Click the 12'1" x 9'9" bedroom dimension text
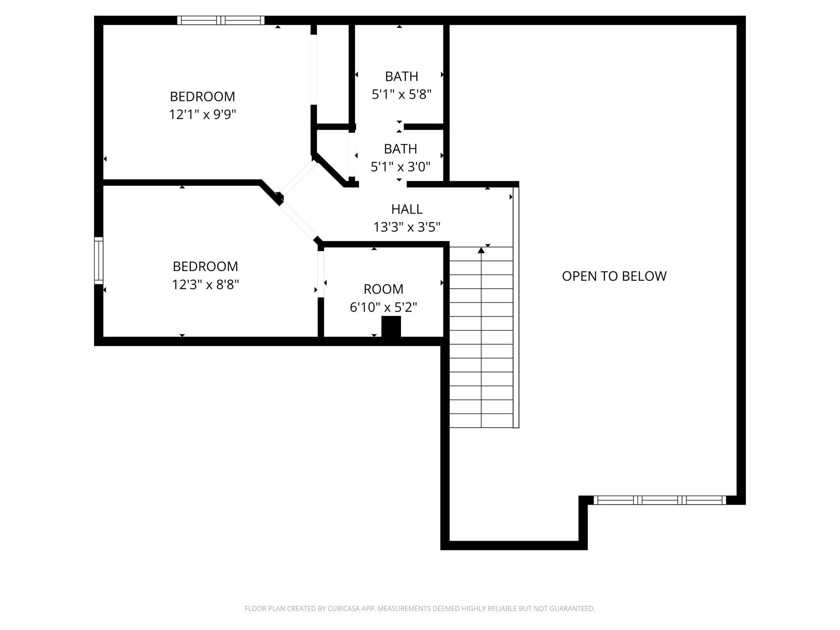(202, 115)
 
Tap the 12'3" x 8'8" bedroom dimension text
(206, 285)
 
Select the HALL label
(407, 209)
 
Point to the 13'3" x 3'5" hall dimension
(407, 227)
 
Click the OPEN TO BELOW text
(614, 276)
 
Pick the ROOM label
(383, 289)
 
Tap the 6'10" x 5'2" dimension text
(383, 308)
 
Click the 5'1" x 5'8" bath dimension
(401, 94)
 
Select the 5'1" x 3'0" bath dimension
(401, 167)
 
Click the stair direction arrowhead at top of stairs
(481, 250)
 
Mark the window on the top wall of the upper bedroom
(221, 20)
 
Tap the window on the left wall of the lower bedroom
(99, 261)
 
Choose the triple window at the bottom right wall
(660, 500)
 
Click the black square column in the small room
(391, 326)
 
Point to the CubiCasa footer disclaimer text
(420, 609)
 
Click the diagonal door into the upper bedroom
(298, 178)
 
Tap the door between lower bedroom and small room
(321, 274)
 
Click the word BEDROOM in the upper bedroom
(202, 97)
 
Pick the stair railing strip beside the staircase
(516, 307)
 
